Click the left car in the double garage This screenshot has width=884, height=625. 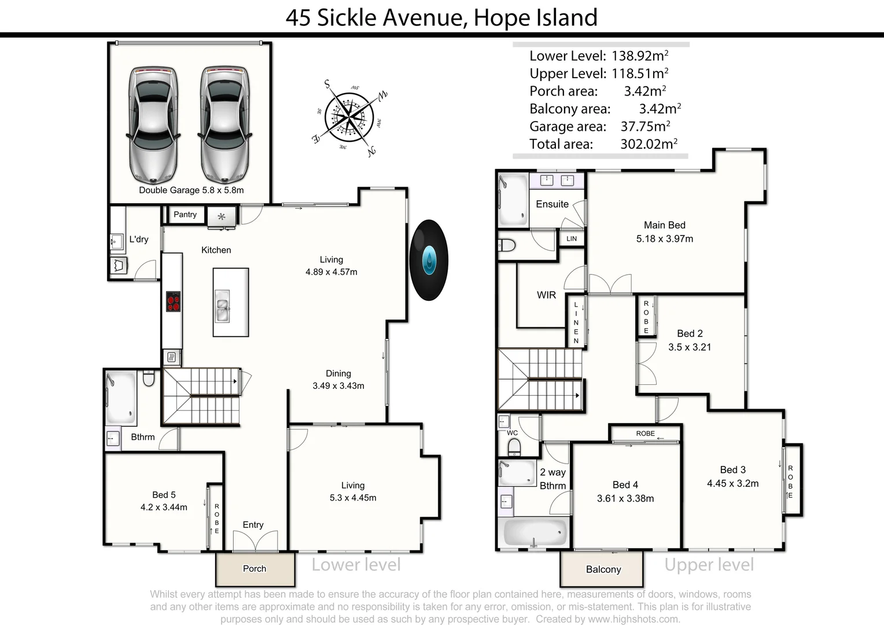coord(153,124)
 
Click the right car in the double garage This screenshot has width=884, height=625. coord(225,124)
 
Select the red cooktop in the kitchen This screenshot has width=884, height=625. coord(173,302)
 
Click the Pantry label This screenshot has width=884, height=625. coord(185,215)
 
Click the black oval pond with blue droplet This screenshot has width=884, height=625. coord(429,260)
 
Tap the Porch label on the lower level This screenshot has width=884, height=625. coord(255,569)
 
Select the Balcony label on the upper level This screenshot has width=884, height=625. coord(603,569)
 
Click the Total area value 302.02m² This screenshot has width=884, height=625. coord(649,144)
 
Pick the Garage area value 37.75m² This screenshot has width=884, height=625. coord(645,126)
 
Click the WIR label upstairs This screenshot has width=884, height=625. coord(546,295)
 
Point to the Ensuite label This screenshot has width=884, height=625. coord(552,204)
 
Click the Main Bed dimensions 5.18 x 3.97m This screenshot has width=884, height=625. coord(664,238)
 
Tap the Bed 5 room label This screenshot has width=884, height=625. coord(164,495)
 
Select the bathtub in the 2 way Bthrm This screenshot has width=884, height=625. coord(535,531)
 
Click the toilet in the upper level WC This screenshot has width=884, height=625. coord(514,446)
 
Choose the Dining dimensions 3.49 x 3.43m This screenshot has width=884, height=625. coord(338,386)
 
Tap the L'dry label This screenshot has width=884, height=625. coord(139,239)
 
